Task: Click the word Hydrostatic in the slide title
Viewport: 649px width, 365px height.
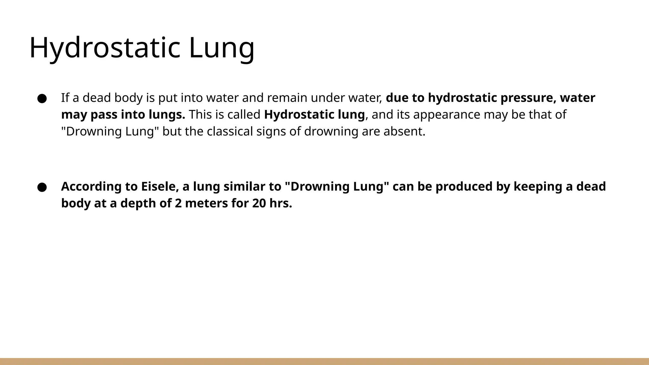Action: [105, 48]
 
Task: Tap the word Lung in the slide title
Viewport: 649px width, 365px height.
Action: [222, 48]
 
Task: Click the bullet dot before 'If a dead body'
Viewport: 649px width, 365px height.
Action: [42, 99]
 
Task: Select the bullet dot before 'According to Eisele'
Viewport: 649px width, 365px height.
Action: [42, 187]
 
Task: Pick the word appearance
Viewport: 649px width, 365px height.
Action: [447, 115]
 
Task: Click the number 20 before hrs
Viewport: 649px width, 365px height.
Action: [259, 203]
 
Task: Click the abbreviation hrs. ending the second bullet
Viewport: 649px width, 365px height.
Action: [281, 203]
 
